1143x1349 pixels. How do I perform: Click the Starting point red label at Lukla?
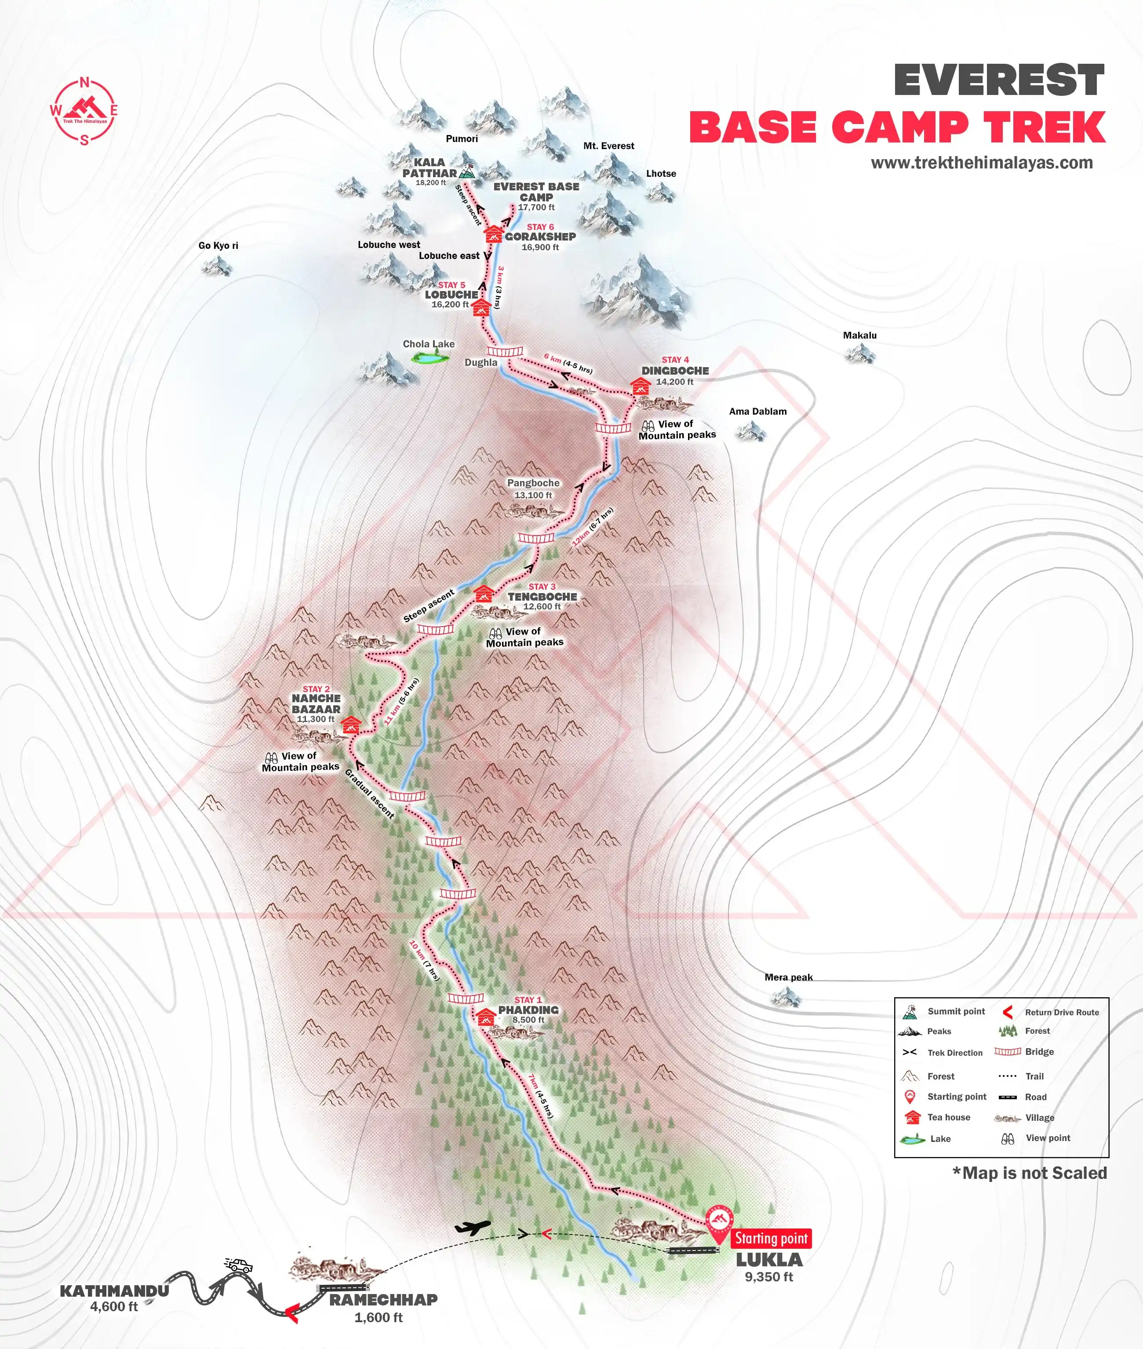click(771, 1238)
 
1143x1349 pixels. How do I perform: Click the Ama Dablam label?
click(757, 412)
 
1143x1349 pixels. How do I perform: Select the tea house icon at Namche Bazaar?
click(350, 724)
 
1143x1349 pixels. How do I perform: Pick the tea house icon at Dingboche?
click(640, 386)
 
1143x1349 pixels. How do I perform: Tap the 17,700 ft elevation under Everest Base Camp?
click(536, 208)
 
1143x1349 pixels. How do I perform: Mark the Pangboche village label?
click(533, 483)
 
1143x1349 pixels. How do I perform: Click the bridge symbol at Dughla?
click(505, 351)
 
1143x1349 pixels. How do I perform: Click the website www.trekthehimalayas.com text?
click(981, 163)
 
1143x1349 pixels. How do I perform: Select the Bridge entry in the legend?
click(1024, 1052)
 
